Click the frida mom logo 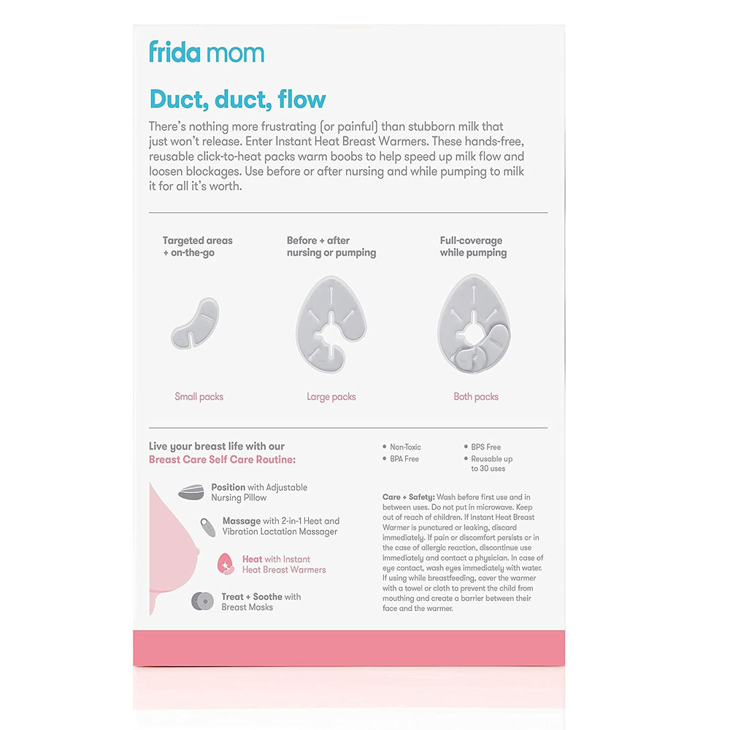coord(206,53)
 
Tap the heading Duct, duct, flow coord(237,99)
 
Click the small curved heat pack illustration coord(195,321)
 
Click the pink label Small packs coord(199,397)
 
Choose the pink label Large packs coord(331,397)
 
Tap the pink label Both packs coord(476,397)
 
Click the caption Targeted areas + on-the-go coord(197,247)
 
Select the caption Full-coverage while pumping coord(473,247)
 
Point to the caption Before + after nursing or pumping coord(331,247)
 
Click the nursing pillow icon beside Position coord(191,492)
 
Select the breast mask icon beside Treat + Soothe coord(202,602)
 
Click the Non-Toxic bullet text coord(405,447)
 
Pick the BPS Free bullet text coord(485,447)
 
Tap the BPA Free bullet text coord(404,459)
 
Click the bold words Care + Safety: coord(409,497)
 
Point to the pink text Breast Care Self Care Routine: coord(222,460)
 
